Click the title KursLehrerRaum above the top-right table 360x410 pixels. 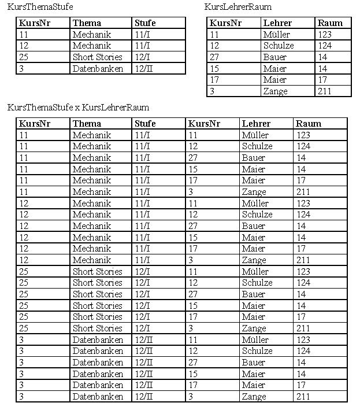238,7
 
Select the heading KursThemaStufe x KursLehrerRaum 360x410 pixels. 78,108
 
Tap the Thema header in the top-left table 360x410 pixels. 87,23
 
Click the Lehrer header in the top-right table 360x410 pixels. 277,23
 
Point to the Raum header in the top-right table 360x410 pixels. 330,23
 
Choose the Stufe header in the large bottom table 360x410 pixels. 145,124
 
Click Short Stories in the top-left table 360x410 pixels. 97,57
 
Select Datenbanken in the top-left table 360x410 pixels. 98,69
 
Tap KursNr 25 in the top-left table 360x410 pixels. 24,57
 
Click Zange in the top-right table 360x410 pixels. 274,91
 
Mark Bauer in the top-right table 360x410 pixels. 274,57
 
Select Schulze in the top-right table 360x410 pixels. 279,46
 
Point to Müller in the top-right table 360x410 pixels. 276,35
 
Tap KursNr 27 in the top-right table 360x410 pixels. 215,57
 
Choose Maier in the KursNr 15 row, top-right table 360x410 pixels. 274,69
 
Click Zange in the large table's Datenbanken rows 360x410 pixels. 254,397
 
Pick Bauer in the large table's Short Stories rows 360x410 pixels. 254,294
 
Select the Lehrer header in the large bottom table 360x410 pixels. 256,124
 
